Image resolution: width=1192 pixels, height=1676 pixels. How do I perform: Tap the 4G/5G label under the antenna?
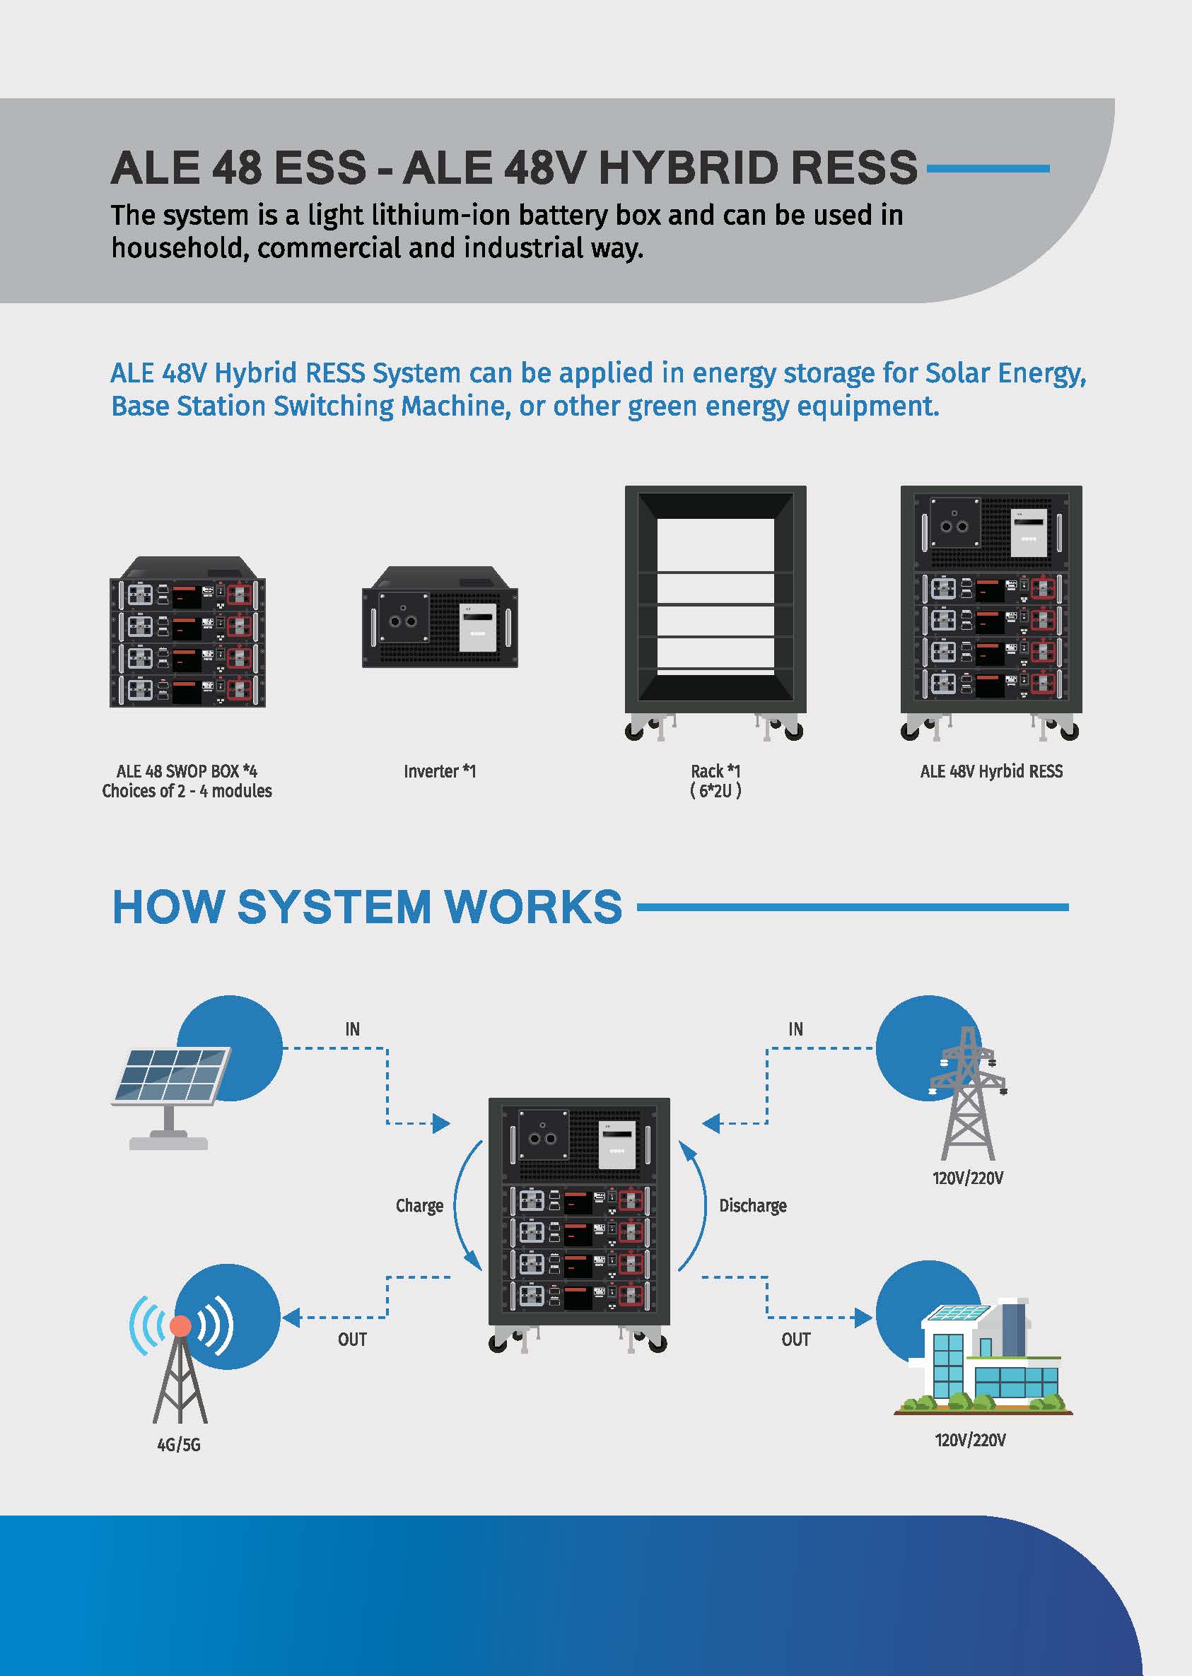coord(178,1444)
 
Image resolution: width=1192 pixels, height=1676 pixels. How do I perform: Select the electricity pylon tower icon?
coord(967,1094)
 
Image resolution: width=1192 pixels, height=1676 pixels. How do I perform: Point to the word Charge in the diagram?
coord(419,1206)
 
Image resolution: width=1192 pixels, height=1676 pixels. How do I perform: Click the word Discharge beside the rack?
coord(752,1206)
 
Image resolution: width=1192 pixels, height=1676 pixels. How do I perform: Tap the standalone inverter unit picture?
coord(440,616)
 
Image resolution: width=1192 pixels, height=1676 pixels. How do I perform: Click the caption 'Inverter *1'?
coord(440,771)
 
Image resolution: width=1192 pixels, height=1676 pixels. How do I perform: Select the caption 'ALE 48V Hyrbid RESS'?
coord(991,771)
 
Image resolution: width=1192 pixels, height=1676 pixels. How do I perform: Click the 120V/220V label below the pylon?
coord(967,1178)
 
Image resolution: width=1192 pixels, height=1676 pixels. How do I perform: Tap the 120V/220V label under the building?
coord(969,1440)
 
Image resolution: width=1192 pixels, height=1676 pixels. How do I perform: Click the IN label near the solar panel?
coord(352,1029)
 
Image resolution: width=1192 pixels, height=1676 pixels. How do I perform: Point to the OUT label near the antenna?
coord(352,1340)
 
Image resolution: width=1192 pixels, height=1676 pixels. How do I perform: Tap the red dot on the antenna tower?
coord(180,1325)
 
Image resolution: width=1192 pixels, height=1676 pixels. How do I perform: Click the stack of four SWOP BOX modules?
coord(187,633)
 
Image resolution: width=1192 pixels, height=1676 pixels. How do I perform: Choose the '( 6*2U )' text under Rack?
coord(715,791)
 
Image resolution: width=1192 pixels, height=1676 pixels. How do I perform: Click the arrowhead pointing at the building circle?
coord(863,1318)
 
